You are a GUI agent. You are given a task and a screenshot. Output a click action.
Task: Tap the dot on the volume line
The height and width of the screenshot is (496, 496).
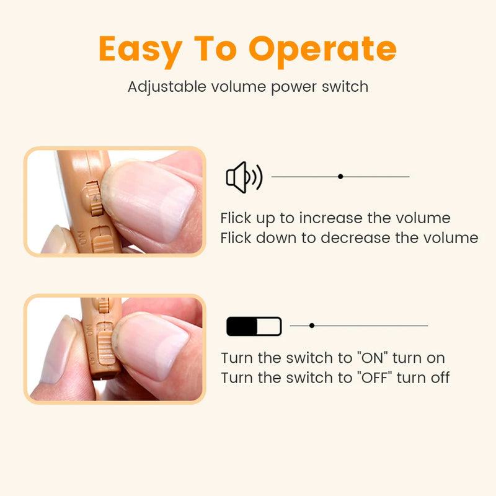pyautogui.click(x=340, y=177)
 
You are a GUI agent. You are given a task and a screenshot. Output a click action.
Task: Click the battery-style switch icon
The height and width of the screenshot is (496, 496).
pyautogui.click(x=254, y=326)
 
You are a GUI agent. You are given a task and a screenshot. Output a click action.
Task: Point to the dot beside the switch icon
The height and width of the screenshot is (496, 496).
pyautogui.click(x=312, y=325)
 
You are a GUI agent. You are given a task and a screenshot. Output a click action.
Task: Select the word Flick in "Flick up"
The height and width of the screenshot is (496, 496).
pyautogui.click(x=236, y=218)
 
